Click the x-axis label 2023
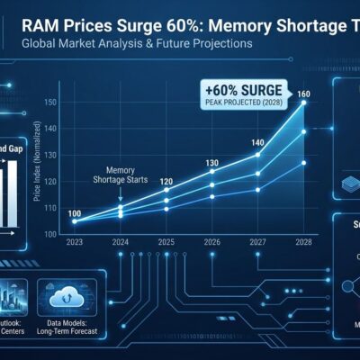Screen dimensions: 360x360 [74, 242]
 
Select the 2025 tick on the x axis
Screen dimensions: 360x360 [166, 242]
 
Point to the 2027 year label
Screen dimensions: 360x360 [258, 242]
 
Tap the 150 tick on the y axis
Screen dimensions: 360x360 [49, 103]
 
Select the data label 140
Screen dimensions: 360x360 [258, 143]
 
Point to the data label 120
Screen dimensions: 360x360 [166, 181]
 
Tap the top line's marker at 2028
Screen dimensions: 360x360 [304, 103]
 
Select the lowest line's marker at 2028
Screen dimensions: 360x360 [304, 163]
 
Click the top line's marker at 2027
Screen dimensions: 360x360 [258, 154]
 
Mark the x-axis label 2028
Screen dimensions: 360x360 [304, 242]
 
